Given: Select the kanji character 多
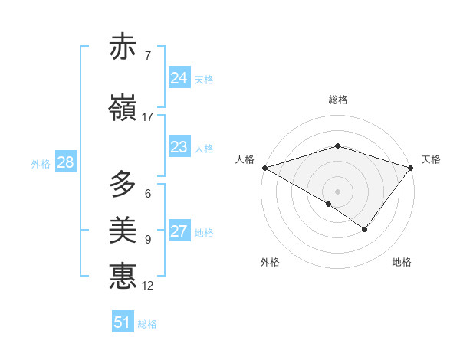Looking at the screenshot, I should (x=123, y=185).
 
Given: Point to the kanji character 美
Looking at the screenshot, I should (x=123, y=231).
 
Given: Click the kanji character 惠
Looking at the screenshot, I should (x=123, y=277).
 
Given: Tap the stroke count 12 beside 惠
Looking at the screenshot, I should (x=147, y=286).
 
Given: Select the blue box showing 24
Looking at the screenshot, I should (x=179, y=78).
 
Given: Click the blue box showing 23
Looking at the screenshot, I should (x=179, y=147).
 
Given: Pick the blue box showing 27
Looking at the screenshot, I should (x=179, y=231).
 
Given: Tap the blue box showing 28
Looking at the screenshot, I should (x=65, y=162).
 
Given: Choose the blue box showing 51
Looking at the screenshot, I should (x=123, y=322).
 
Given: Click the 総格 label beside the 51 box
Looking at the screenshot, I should (x=147, y=324).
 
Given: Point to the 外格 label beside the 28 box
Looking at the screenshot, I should (x=41, y=163).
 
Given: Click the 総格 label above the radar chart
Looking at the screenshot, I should (x=337, y=100).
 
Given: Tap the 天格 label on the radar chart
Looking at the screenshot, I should (x=431, y=159).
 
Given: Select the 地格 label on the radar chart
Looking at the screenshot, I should (x=402, y=262).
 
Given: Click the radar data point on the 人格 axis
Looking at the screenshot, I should (x=264, y=167).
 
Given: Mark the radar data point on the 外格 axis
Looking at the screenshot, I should (x=329, y=204).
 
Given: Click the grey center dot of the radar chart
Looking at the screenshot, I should (x=337, y=191).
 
